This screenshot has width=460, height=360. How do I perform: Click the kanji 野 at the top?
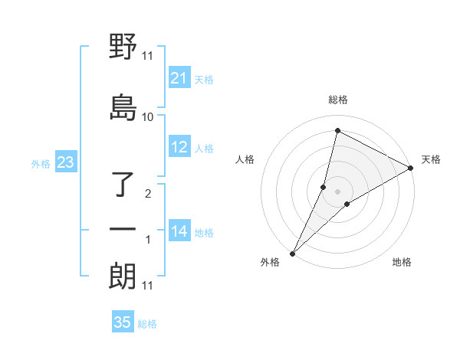pyautogui.click(x=123, y=47)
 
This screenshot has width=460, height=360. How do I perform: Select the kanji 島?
pyautogui.click(x=123, y=107)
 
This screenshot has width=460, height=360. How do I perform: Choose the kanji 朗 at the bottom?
pyautogui.click(x=123, y=277)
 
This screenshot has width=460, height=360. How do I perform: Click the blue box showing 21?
pyautogui.click(x=179, y=78)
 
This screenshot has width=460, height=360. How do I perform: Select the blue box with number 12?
pyautogui.click(x=179, y=147)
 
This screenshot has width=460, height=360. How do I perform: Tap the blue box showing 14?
pyautogui.click(x=179, y=231)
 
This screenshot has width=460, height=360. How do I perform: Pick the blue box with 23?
pyautogui.click(x=65, y=162)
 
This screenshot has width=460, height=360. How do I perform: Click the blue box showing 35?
pyautogui.click(x=123, y=322)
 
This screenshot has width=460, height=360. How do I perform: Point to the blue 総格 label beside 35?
pyautogui.click(x=147, y=324)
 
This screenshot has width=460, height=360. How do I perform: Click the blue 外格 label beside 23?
pyautogui.click(x=41, y=163)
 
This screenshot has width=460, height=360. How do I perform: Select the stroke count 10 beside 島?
pyautogui.click(x=148, y=116)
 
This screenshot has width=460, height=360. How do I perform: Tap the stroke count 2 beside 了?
pyautogui.click(x=148, y=193)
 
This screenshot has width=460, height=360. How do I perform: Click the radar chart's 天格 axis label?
pyautogui.click(x=431, y=159)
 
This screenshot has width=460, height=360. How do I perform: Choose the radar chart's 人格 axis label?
pyautogui.click(x=245, y=159)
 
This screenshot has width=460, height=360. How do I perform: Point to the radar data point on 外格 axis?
pyautogui.click(x=293, y=253)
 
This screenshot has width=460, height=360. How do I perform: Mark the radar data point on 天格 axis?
pyautogui.click(x=411, y=169)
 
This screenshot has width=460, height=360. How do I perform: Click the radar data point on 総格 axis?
pyautogui.click(x=337, y=130)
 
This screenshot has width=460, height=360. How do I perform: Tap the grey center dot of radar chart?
pyautogui.click(x=337, y=191)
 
